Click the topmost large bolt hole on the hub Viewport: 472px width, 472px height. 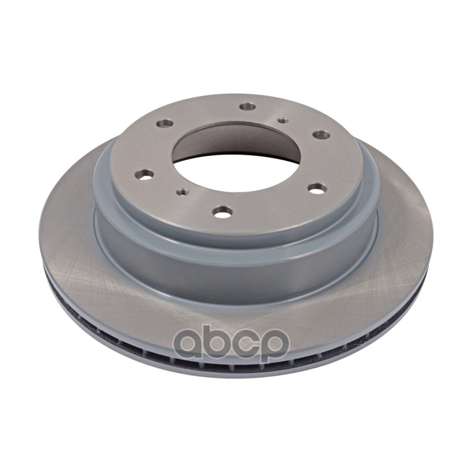click(248, 107)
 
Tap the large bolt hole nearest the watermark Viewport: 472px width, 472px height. click(222, 212)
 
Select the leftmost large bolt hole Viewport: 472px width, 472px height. click(144, 174)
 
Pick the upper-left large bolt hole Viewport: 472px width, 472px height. click(165, 123)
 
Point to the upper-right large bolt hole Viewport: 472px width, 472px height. click(321, 135)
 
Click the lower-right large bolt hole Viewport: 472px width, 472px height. click(317, 189)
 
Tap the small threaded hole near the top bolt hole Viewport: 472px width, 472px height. click(282, 121)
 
